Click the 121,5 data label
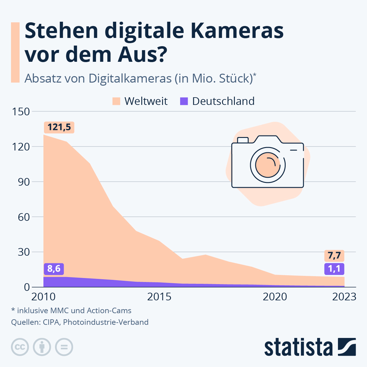point(59,127)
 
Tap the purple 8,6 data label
point(54,269)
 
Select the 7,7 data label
point(334,255)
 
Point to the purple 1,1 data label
point(334,269)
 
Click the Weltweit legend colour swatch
point(116,101)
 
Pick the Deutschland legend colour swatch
point(184,101)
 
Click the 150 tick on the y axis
point(21,112)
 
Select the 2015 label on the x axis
point(159,297)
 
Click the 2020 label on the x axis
point(275,297)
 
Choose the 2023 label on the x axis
point(344,297)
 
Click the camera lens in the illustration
point(268,165)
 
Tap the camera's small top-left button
point(243,140)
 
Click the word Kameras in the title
point(237,31)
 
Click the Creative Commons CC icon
point(20,347)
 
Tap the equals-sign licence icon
point(64,347)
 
